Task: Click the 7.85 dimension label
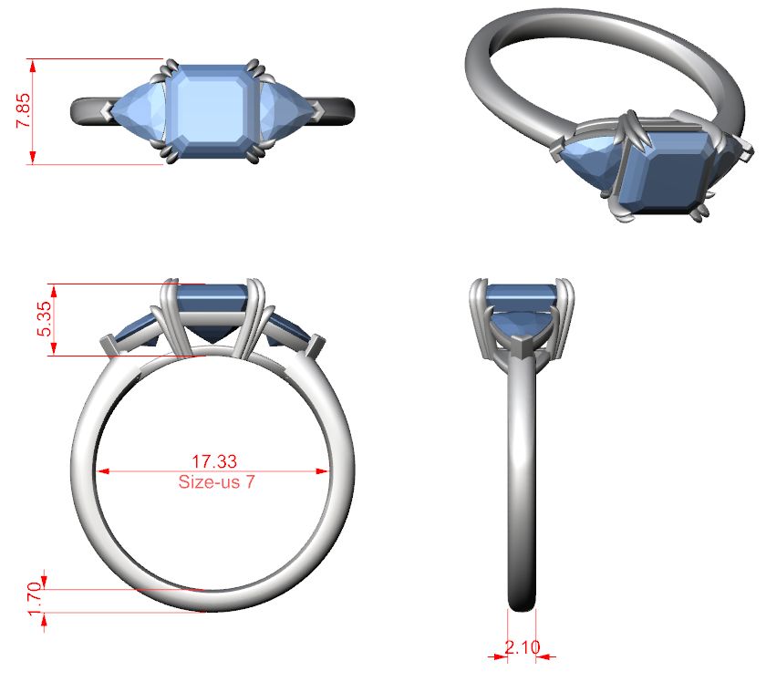(23, 111)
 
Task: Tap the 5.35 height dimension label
(44, 318)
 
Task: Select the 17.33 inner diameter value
(214, 461)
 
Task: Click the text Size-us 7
(216, 482)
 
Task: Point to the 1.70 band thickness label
(35, 599)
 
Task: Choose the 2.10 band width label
(523, 647)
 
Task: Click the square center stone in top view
(211, 111)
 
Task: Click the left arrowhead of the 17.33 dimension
(102, 471)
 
